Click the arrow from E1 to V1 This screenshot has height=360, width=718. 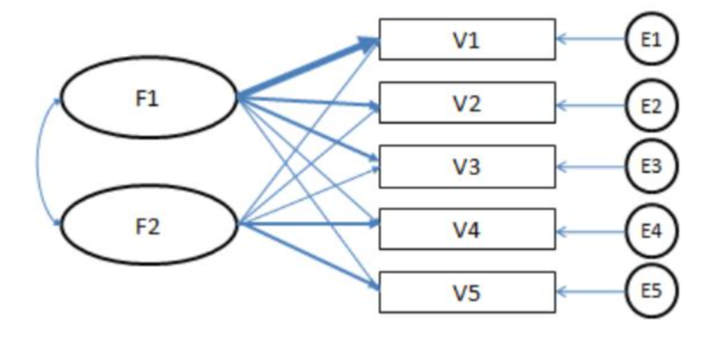(591, 39)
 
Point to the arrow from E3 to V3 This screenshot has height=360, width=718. (591, 167)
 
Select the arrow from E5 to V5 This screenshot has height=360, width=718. (591, 291)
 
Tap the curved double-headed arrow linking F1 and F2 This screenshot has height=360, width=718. (37, 161)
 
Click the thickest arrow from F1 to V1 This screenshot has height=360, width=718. (308, 69)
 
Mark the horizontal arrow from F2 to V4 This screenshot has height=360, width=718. (309, 224)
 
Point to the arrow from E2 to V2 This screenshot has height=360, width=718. (591, 105)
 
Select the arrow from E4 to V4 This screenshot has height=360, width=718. (591, 232)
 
